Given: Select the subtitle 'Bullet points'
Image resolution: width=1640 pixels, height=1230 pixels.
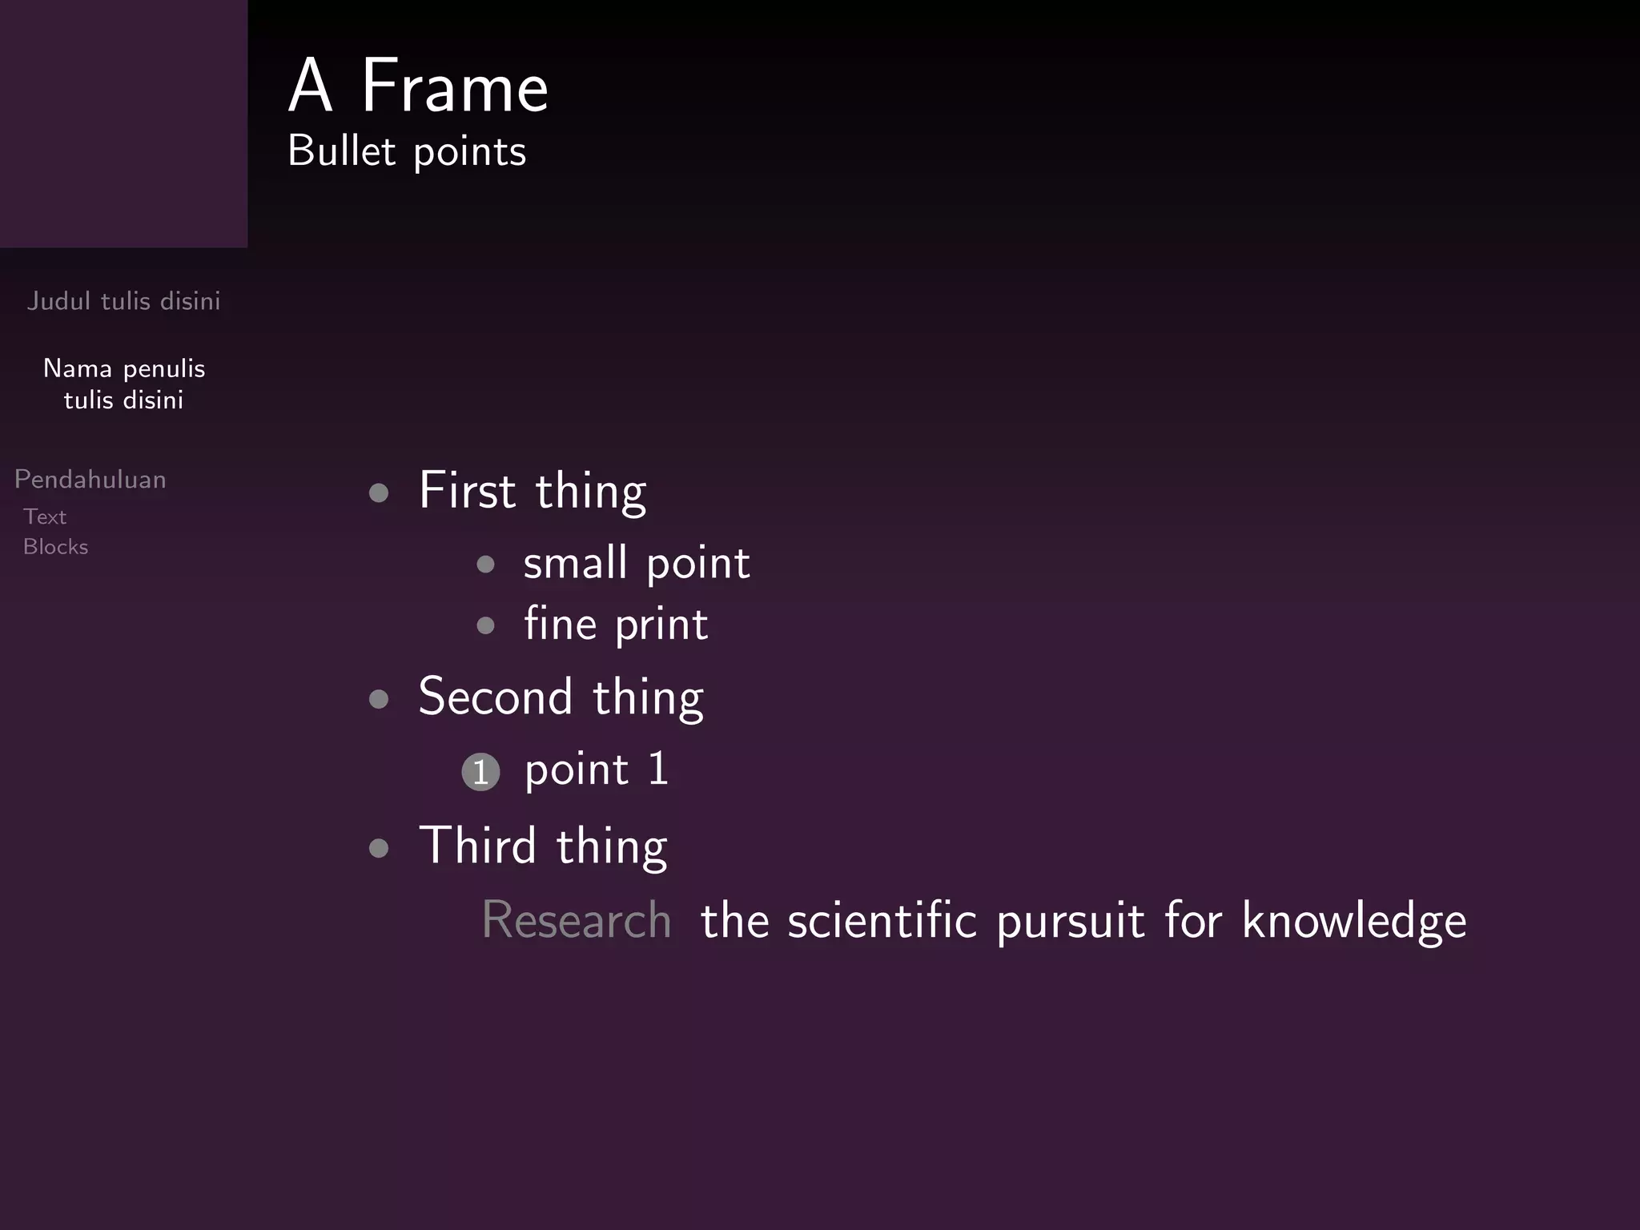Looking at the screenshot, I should click(x=407, y=151).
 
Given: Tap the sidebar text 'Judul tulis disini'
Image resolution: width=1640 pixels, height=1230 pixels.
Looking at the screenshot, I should click(x=123, y=301).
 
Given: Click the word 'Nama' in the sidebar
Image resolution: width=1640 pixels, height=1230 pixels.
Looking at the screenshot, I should click(x=78, y=368).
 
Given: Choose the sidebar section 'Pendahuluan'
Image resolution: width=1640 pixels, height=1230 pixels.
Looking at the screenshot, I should click(x=90, y=480).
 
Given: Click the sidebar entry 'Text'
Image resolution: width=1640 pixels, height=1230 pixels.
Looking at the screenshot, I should click(x=45, y=517).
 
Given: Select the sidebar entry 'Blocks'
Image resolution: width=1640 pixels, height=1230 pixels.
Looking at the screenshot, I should click(x=56, y=547).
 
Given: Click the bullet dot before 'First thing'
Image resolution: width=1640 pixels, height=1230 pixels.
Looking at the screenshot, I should click(x=379, y=492).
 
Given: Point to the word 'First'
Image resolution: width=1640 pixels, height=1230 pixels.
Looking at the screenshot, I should click(x=467, y=490).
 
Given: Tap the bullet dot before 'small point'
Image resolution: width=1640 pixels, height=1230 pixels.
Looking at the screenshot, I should click(x=485, y=565).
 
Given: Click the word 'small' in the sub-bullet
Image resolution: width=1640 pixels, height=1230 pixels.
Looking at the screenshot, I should click(x=575, y=562).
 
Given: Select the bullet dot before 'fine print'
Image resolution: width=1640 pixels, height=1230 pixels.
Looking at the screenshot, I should click(x=485, y=625).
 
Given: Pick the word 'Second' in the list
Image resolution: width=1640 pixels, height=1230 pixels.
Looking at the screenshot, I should click(x=496, y=696).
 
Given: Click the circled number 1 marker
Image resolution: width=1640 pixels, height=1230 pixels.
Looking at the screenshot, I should click(x=480, y=772).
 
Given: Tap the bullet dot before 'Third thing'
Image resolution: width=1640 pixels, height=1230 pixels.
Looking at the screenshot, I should click(x=379, y=848).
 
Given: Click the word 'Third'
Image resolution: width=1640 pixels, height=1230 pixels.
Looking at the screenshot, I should click(x=477, y=846).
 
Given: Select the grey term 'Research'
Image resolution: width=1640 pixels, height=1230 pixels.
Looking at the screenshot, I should click(x=577, y=919).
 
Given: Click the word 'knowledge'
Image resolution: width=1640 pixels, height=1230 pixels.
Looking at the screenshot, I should click(x=1354, y=921).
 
